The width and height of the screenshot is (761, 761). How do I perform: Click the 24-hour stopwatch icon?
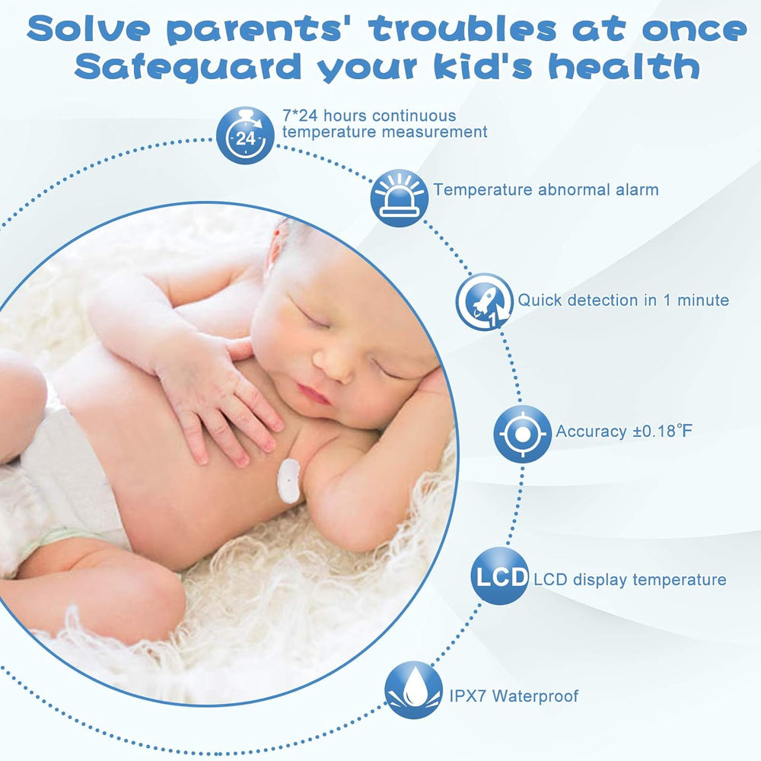(x=245, y=135)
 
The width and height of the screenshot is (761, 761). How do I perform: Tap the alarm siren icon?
(x=399, y=198)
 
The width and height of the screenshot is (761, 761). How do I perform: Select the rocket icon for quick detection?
(x=484, y=302)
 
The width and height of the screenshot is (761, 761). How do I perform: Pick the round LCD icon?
(x=500, y=576)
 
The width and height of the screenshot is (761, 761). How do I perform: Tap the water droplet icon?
(x=413, y=690)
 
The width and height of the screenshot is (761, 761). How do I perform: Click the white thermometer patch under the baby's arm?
(x=288, y=480)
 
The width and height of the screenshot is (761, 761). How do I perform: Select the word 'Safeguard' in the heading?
(x=188, y=67)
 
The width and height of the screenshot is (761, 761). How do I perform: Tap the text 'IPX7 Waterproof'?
(x=514, y=696)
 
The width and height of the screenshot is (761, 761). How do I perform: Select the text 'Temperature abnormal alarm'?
(x=546, y=189)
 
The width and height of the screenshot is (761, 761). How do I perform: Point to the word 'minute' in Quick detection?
(x=703, y=300)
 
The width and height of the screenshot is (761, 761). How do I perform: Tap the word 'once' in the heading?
(x=695, y=29)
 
